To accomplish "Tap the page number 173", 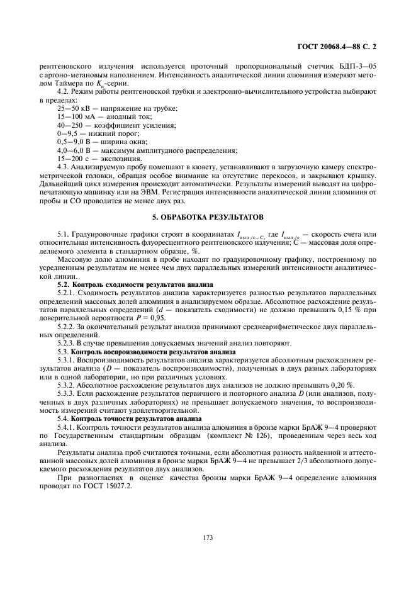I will pyautogui.click(x=208, y=537).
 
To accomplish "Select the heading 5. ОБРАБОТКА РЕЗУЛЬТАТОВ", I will pyautogui.click(x=208, y=216).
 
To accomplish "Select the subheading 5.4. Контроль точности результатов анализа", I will pyautogui.click(x=130, y=418).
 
